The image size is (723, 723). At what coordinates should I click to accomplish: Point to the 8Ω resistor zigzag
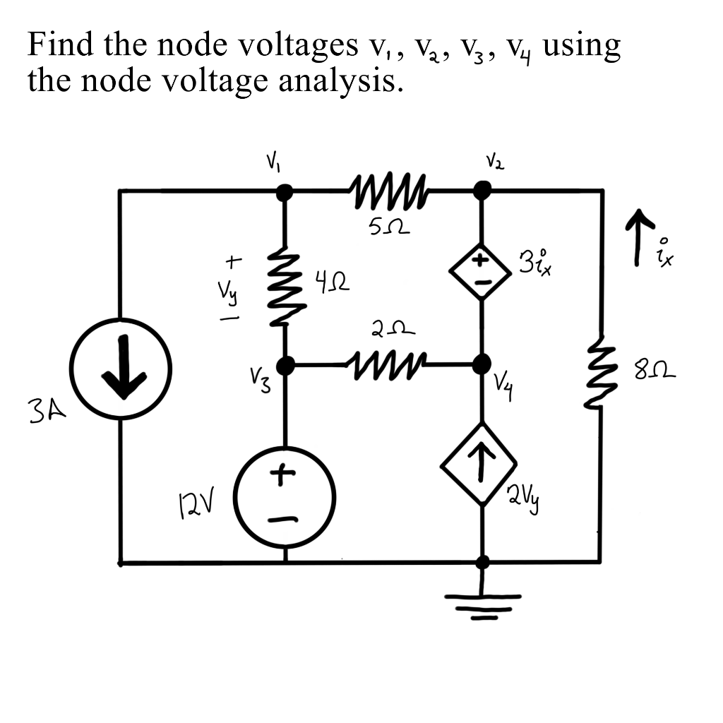tap(602, 374)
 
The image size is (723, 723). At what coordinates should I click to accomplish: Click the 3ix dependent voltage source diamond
tap(483, 272)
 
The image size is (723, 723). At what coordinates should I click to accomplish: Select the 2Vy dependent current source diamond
tap(483, 464)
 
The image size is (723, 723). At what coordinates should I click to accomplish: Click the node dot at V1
tap(285, 191)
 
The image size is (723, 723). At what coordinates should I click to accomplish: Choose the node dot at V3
tap(285, 365)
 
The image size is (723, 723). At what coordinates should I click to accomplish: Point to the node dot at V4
tap(483, 364)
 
